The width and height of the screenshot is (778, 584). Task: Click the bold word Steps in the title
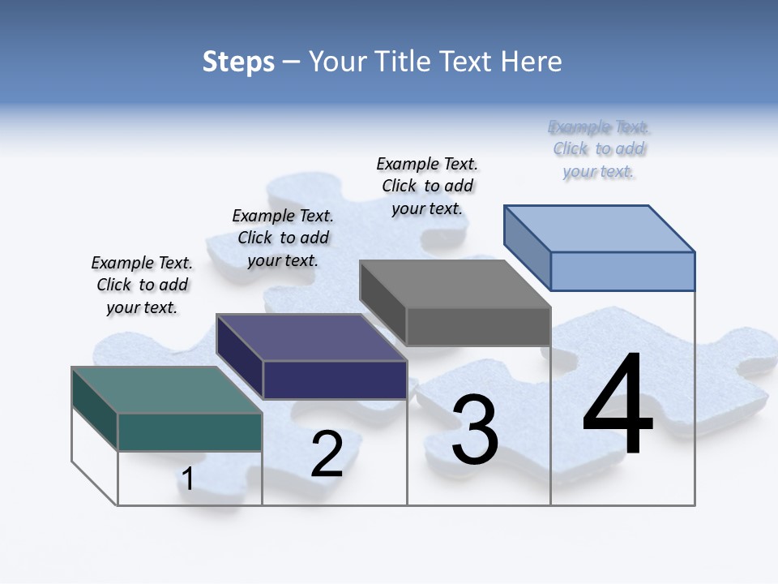coord(238,62)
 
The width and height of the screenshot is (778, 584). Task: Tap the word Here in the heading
coord(532,62)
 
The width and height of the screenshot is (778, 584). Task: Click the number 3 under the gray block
coord(475,429)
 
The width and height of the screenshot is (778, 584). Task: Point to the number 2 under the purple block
coord(327,453)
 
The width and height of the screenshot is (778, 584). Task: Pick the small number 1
coord(187,479)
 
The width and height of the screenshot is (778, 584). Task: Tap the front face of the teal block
coord(190,432)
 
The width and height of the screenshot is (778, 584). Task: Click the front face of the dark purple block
coord(335,380)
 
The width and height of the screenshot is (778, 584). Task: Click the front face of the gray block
coord(478,326)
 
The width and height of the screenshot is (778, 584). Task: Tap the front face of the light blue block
coord(622,271)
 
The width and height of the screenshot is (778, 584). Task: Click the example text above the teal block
coord(142,285)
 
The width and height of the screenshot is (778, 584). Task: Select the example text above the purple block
coord(283,238)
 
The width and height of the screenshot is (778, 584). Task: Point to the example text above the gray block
coord(427,186)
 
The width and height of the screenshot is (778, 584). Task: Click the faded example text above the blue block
coord(599,148)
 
